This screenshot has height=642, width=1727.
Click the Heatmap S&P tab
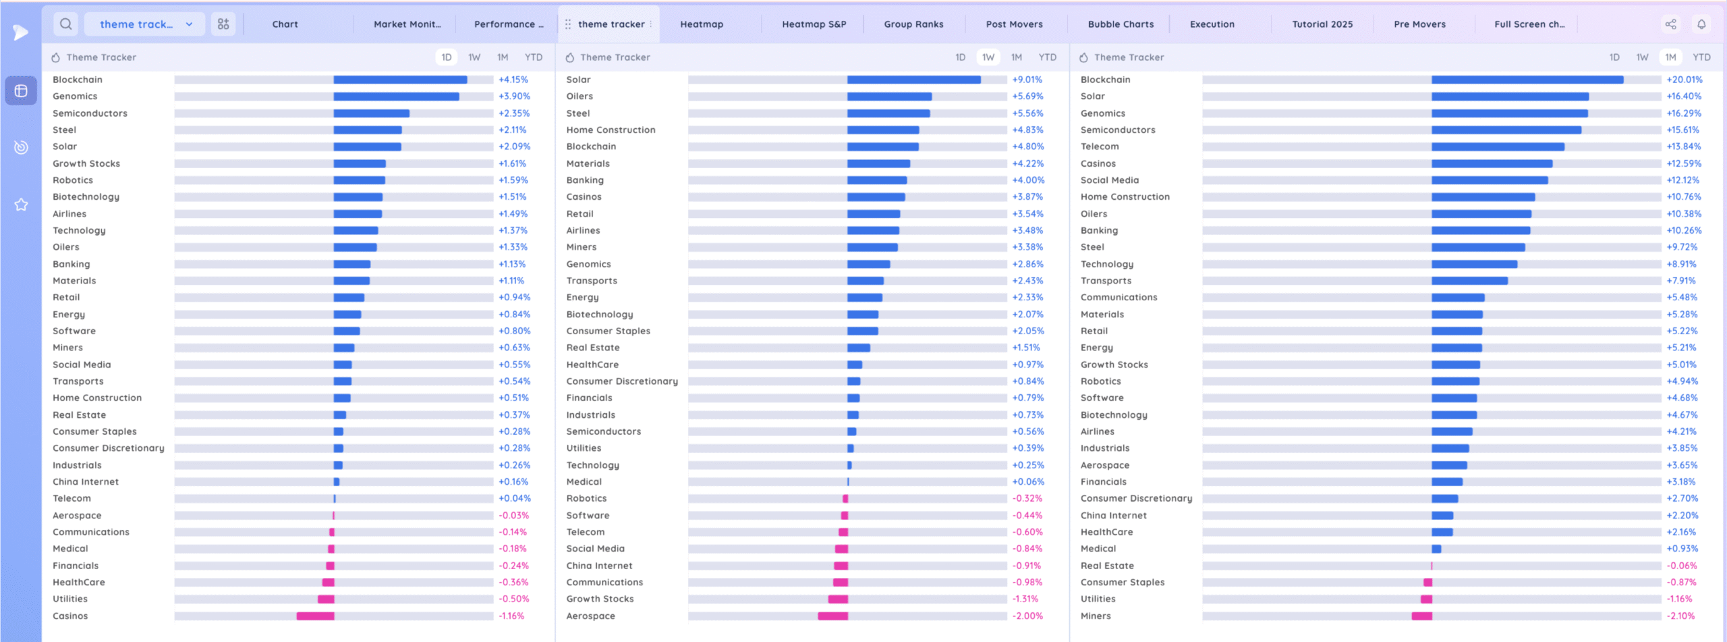[814, 24]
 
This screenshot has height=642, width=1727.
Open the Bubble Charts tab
[1121, 24]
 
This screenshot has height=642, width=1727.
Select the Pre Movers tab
[1419, 24]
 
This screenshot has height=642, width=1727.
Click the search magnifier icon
[65, 24]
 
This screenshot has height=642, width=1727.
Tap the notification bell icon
[1701, 24]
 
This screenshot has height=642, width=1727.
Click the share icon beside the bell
[1670, 24]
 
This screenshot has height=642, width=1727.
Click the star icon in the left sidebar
[21, 205]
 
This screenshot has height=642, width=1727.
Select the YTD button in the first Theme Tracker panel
[533, 57]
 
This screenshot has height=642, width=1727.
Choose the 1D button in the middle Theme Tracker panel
[960, 57]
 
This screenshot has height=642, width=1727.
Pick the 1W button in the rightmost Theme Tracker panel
[1642, 57]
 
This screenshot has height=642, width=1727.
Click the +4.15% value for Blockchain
[513, 80]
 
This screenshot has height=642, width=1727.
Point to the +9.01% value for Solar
[1027, 80]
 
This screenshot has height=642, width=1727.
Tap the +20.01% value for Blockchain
[1684, 80]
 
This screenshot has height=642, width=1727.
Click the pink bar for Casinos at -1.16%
[315, 616]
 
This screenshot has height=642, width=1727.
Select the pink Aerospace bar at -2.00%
[832, 616]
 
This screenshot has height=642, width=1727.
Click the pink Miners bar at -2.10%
[1421, 616]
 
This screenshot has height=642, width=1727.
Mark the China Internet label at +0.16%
[86, 482]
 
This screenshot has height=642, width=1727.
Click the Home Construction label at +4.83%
[611, 130]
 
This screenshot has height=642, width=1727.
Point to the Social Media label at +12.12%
[1109, 180]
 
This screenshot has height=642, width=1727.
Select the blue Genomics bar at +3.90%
[396, 97]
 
